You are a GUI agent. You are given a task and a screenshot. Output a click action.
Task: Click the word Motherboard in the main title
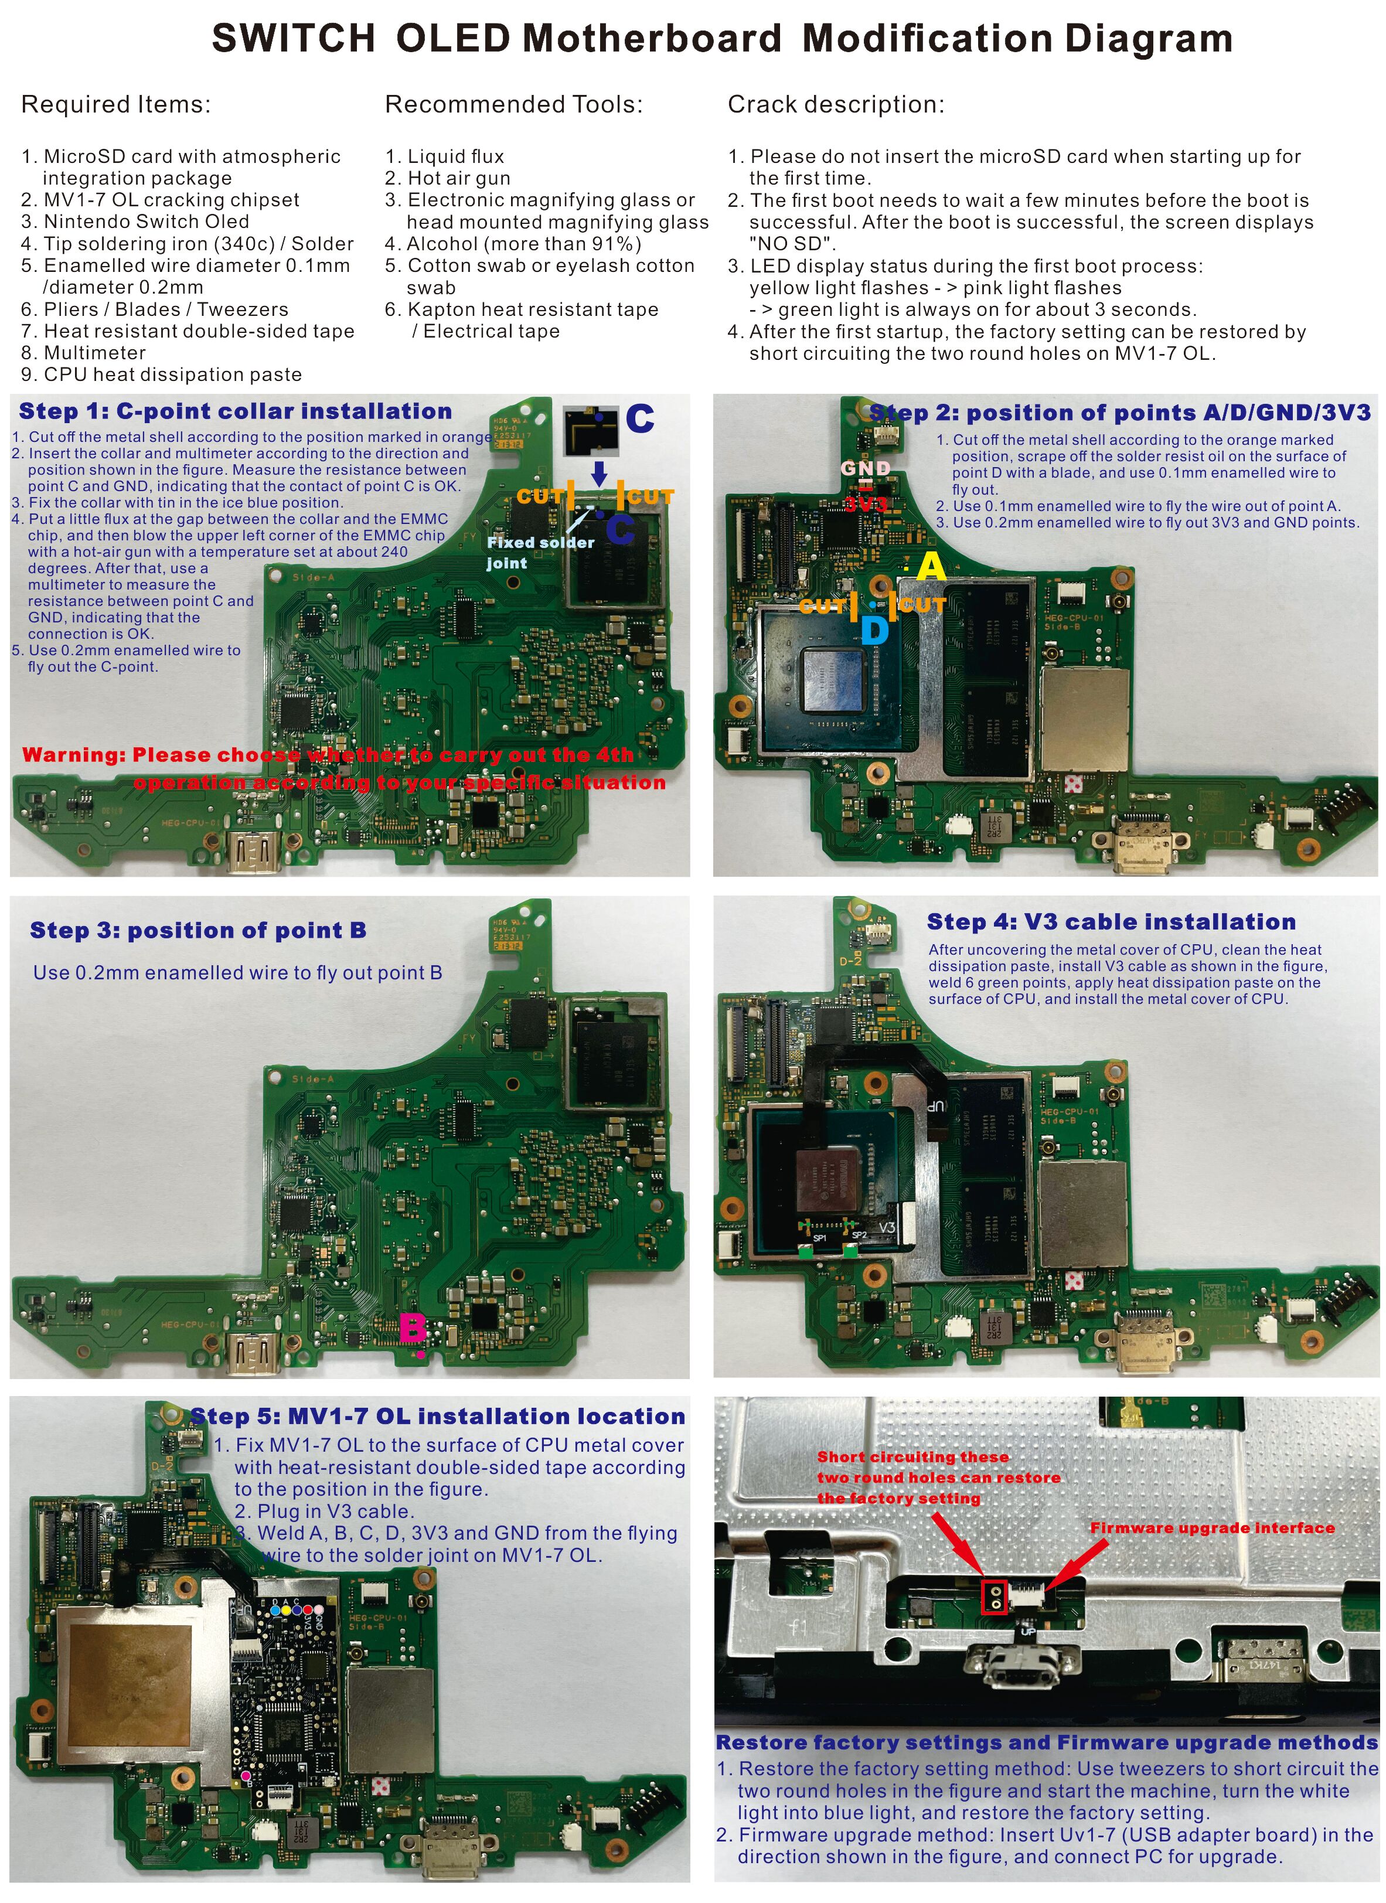point(652,39)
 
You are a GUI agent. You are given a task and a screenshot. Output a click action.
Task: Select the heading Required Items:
point(116,105)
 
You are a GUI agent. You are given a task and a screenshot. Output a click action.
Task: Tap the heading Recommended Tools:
point(513,105)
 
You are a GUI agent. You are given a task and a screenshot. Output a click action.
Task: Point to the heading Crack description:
point(836,105)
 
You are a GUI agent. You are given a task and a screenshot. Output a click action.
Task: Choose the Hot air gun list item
point(447,178)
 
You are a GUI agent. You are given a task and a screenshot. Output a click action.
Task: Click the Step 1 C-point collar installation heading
point(236,411)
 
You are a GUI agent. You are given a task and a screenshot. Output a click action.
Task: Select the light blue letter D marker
point(874,631)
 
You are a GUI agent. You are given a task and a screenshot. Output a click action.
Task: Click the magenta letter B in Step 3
point(412,1328)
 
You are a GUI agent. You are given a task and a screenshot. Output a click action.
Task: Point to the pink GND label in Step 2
point(866,467)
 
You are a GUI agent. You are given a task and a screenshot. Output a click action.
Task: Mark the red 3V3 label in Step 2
point(866,503)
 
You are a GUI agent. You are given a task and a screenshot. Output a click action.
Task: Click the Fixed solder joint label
point(540,553)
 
